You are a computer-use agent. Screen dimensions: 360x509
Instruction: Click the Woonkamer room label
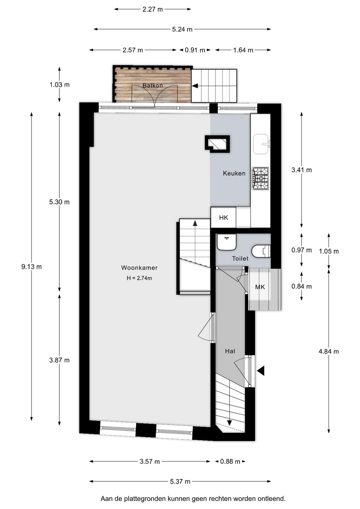pyautogui.click(x=139, y=268)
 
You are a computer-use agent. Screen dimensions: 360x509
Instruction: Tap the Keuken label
pyautogui.click(x=234, y=173)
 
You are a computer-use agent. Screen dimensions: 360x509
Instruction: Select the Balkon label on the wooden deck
pyautogui.click(x=153, y=85)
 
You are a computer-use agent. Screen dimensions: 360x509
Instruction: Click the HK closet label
pyautogui.click(x=223, y=218)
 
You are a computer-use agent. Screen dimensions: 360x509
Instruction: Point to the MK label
pyautogui.click(x=260, y=287)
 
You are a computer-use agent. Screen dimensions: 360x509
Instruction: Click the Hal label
pyautogui.click(x=230, y=351)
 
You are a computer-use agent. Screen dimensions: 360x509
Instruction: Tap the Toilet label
pyautogui.click(x=240, y=259)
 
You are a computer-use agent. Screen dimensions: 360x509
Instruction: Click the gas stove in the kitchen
pyautogui.click(x=260, y=178)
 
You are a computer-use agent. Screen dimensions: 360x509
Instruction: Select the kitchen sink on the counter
pyautogui.click(x=261, y=144)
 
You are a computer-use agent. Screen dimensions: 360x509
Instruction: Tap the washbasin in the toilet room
pyautogui.click(x=227, y=242)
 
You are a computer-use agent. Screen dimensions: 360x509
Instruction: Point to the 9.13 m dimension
pyautogui.click(x=32, y=267)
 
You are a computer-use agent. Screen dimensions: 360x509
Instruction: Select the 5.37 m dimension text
pyautogui.click(x=180, y=481)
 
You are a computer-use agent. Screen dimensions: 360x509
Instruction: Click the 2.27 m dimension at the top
pyautogui.click(x=153, y=9)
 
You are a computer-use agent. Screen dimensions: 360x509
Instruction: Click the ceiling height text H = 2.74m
pyautogui.click(x=139, y=278)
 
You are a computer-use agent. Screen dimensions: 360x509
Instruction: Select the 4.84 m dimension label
pyautogui.click(x=329, y=352)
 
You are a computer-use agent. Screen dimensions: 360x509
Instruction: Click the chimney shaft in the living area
pyautogui.click(x=217, y=144)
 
